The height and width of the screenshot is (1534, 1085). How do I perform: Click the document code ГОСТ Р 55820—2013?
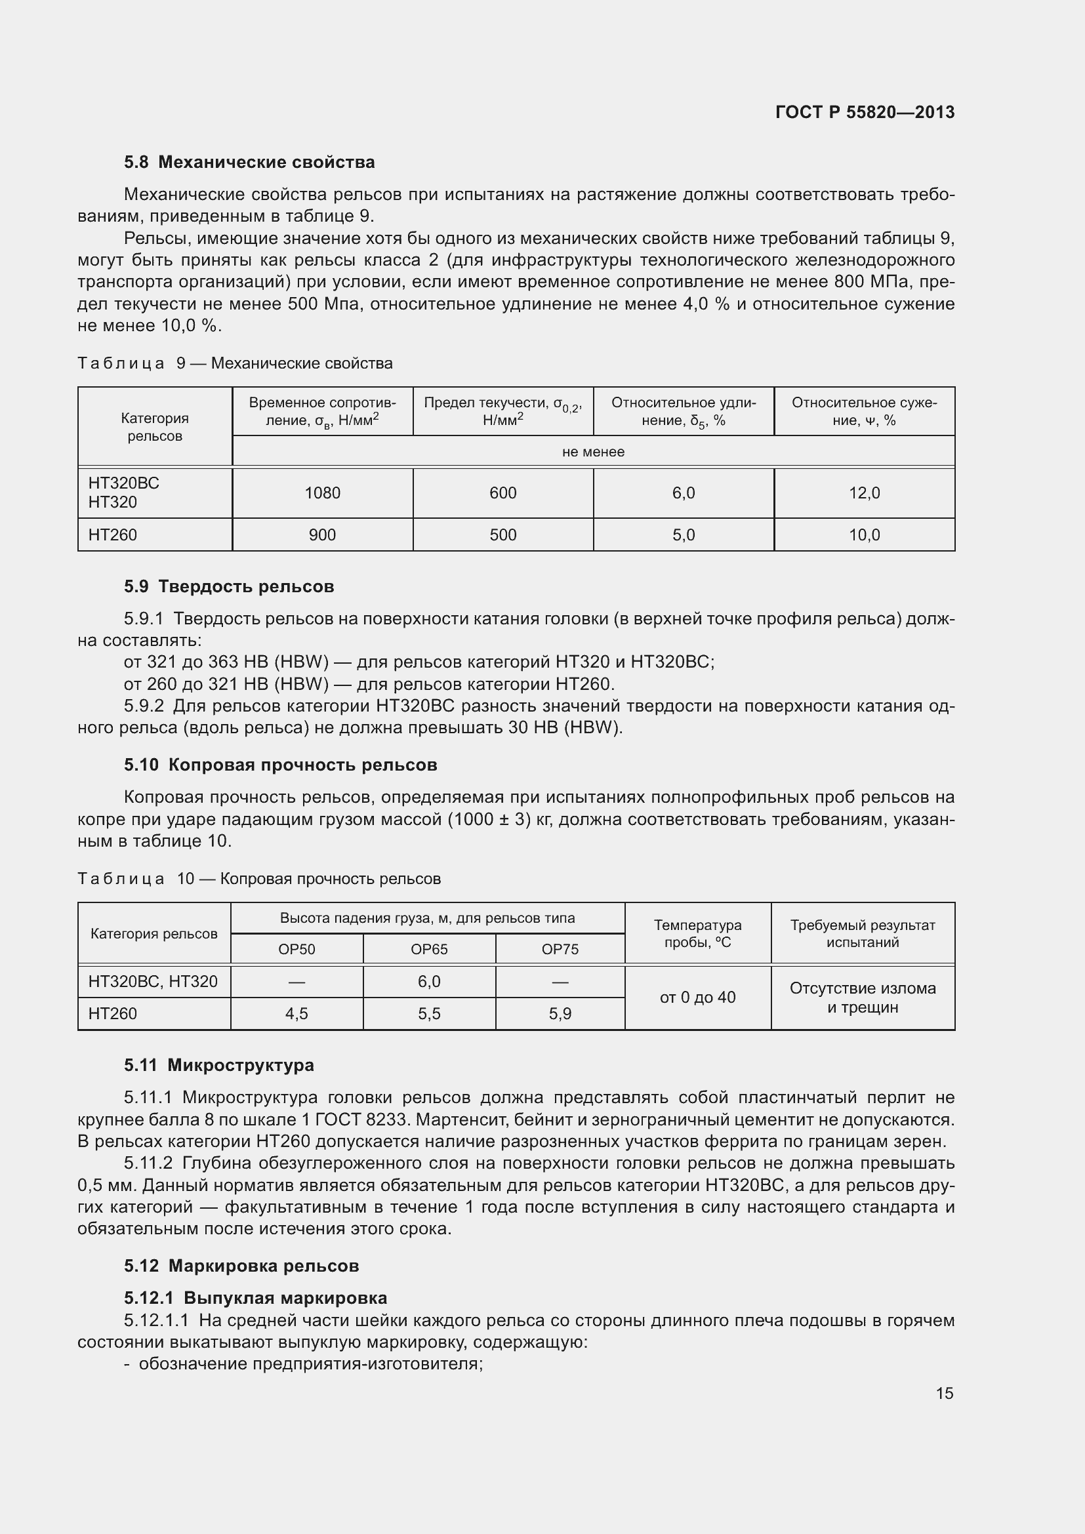[x=865, y=112]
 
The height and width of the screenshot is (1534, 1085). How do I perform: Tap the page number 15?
[x=944, y=1393]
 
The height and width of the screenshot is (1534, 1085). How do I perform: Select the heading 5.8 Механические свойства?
[x=249, y=163]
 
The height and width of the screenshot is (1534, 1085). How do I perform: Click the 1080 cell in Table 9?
[x=322, y=493]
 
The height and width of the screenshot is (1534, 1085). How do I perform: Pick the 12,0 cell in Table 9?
[x=864, y=493]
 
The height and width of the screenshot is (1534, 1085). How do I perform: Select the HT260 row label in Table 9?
[x=112, y=535]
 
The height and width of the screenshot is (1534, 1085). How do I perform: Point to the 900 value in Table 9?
[x=322, y=535]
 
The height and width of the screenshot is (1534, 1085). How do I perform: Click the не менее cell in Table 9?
[x=592, y=452]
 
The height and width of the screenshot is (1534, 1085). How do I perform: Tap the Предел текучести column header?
[x=502, y=411]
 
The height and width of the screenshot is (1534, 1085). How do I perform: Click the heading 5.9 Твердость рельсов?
[x=228, y=586]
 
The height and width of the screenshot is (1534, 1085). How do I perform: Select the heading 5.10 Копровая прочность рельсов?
[x=280, y=765]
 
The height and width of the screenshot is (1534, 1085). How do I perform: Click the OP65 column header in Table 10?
[x=429, y=950]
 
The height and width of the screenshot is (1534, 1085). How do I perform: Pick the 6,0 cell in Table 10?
[x=429, y=982]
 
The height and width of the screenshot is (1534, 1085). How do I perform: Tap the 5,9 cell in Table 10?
[x=560, y=1013]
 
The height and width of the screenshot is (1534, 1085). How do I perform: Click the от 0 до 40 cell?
[x=697, y=998]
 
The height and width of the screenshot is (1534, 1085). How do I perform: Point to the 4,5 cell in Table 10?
[x=297, y=1013]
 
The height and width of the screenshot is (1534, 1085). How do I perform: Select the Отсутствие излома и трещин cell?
[x=863, y=998]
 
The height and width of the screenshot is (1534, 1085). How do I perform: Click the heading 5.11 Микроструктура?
[x=218, y=1065]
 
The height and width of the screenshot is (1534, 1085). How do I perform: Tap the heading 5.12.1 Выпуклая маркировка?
[x=255, y=1298]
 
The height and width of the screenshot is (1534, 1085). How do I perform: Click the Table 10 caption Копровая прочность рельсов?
[x=330, y=879]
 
